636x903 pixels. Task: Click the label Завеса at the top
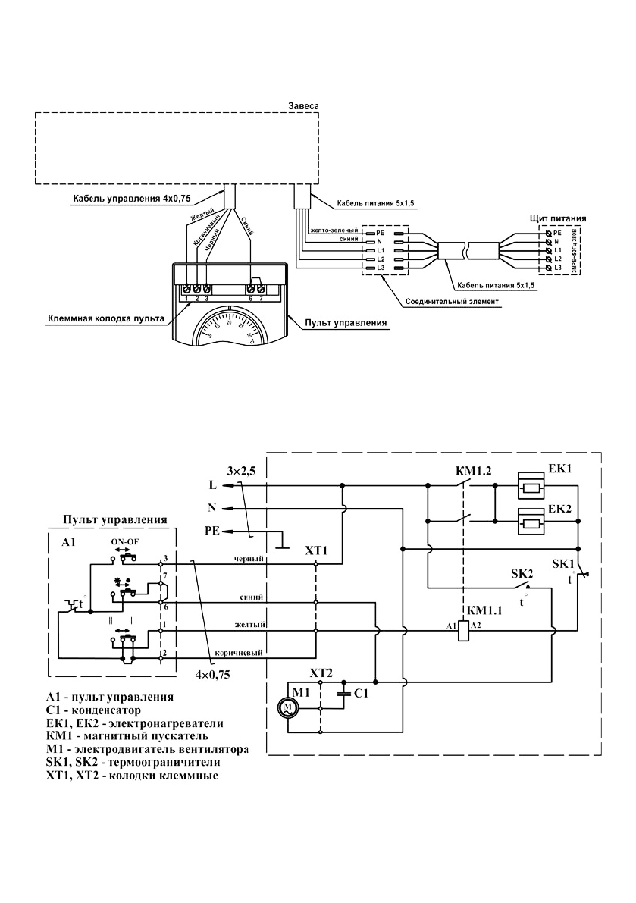(x=305, y=105)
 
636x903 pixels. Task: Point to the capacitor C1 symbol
(x=346, y=692)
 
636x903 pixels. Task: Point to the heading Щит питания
(x=563, y=218)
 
